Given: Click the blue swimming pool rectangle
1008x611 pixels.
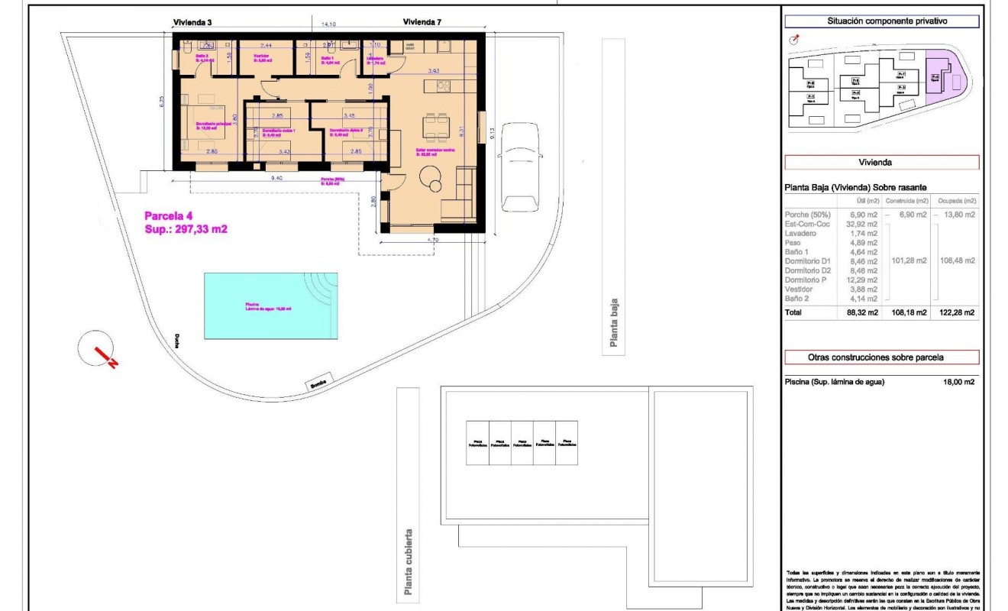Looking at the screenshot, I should [x=271, y=306].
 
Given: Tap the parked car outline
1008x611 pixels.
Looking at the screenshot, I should [x=519, y=168].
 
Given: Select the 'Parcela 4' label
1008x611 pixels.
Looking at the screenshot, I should [x=169, y=216].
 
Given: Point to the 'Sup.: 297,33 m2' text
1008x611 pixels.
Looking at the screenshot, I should [x=186, y=228].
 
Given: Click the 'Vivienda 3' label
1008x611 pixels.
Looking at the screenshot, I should [x=192, y=23].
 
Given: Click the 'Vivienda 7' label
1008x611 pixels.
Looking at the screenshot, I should [x=422, y=23].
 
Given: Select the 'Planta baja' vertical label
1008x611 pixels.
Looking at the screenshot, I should [x=613, y=322].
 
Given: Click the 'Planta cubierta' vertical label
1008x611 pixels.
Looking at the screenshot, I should [x=409, y=561].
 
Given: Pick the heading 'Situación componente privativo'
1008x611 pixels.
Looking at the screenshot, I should [x=881, y=21].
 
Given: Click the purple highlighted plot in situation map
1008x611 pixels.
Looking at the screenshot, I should [x=942, y=76].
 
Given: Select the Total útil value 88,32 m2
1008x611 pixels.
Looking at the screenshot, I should [x=861, y=312].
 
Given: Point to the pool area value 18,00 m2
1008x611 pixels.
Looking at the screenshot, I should [x=958, y=383].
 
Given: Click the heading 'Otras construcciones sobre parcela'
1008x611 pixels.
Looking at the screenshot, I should [x=881, y=357].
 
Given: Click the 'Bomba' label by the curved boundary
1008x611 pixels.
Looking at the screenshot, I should [x=318, y=383].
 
